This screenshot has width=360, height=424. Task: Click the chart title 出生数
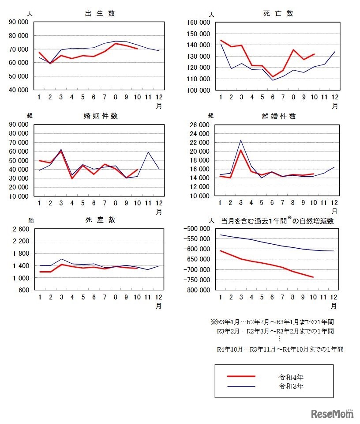100,13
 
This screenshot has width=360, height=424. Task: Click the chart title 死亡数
278,13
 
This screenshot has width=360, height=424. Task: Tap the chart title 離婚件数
278,117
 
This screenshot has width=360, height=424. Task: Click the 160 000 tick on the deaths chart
199,23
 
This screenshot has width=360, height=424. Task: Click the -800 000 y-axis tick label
198,290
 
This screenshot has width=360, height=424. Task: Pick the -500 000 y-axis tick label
198,228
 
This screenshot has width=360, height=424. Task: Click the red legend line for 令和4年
241,376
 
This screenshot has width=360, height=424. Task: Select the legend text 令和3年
291,386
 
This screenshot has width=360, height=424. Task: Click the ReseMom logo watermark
333,414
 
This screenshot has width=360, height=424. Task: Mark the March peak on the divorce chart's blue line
240,140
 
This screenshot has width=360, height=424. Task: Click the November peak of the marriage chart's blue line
148,152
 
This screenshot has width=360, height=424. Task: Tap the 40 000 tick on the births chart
19,90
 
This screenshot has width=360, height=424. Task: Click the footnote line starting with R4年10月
280,349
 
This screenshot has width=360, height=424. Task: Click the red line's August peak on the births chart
116,43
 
